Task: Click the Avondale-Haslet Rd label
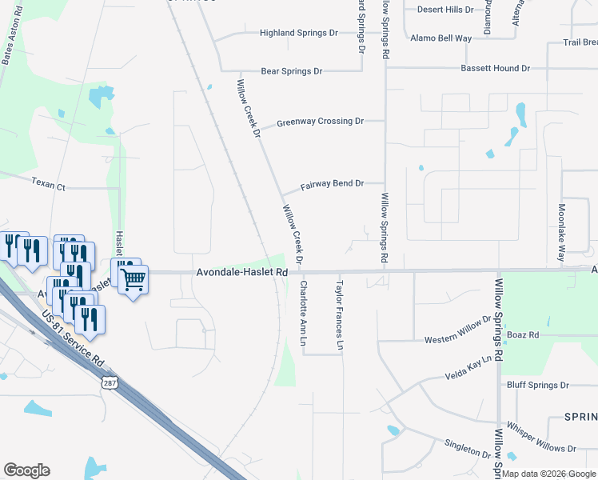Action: [241, 273]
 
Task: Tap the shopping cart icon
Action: [133, 280]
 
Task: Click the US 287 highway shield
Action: [110, 382]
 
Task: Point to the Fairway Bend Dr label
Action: [332, 185]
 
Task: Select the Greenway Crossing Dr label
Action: [320, 122]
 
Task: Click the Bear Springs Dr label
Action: [285, 71]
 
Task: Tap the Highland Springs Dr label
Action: [299, 34]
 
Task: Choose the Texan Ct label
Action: [48, 184]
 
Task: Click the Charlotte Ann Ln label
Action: [303, 313]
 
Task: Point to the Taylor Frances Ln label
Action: [340, 315]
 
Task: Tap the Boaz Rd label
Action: [523, 334]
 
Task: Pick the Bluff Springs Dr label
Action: [537, 385]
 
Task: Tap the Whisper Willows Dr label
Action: [541, 449]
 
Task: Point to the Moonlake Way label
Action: [560, 233]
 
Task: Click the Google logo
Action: [26, 470]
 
